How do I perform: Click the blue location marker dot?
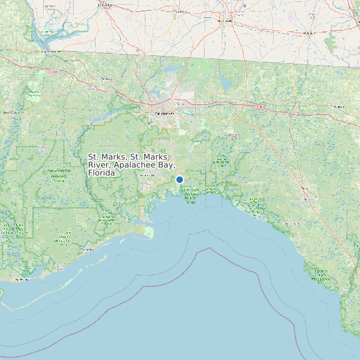(x=179, y=179)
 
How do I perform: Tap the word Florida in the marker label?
(x=102, y=173)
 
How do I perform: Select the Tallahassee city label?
(x=167, y=114)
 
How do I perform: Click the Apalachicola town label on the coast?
(x=23, y=280)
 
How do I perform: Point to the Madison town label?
(x=339, y=106)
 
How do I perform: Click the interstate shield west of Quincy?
(x=53, y=71)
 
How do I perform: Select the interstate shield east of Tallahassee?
(x=261, y=107)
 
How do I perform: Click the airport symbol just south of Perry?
(x=308, y=198)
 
